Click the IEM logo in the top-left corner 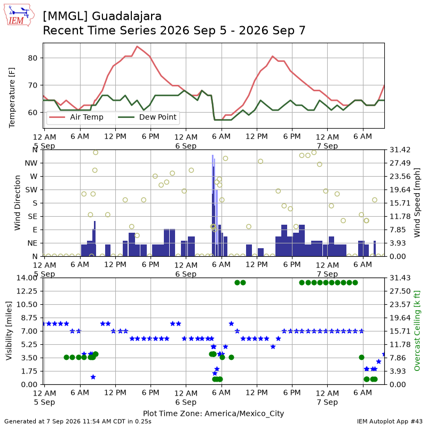[19, 15]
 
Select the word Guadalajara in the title [126, 17]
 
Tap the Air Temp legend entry [76, 117]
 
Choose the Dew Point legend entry [147, 117]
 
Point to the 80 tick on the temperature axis [33, 58]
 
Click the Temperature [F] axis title [12, 98]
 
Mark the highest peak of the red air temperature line [137, 46]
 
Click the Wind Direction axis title [18, 203]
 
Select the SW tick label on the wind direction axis [31, 190]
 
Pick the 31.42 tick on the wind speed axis [400, 150]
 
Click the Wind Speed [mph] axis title [417, 203]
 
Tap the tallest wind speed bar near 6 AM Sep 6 [213, 205]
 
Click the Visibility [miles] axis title [9, 330]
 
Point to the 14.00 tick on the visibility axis [27, 278]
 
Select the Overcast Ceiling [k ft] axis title [417, 330]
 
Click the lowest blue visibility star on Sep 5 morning [93, 377]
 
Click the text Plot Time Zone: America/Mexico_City [213, 413]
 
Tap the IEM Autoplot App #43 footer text [390, 422]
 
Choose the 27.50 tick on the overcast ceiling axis [400, 291]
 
